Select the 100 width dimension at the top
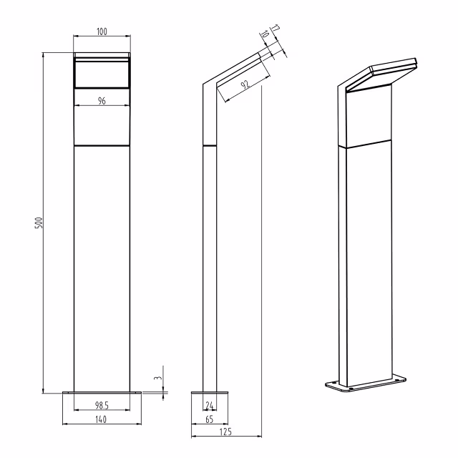102,31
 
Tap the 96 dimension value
102,102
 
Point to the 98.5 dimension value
102,406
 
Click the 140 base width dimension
102,420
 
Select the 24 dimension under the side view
210,406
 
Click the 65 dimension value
210,419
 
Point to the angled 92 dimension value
245,85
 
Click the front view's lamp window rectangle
102,73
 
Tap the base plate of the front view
102,392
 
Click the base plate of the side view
210,392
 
